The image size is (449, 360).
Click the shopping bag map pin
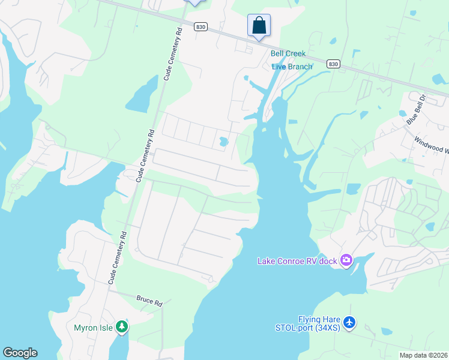click(259, 26)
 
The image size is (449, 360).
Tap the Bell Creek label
click(288, 54)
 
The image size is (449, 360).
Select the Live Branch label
click(292, 67)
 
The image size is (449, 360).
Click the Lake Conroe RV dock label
click(297, 260)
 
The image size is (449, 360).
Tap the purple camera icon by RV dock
click(346, 260)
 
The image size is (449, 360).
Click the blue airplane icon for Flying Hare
click(351, 323)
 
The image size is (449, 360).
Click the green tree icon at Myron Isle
click(122, 327)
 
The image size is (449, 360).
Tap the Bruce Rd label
click(149, 301)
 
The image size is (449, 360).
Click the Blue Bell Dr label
click(415, 112)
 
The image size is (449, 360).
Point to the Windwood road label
click(432, 145)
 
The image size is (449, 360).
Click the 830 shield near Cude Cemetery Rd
click(200, 26)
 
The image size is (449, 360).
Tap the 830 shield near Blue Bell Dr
click(333, 64)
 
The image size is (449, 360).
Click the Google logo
click(20, 353)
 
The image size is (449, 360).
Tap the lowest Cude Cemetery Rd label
click(117, 258)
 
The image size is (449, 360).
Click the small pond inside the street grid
click(224, 142)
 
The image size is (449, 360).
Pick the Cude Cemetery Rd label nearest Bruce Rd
click(117, 258)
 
